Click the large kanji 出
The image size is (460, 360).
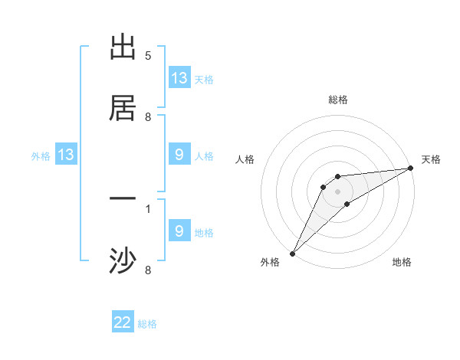123,47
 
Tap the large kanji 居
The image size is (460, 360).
123,108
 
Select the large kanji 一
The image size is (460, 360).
123,199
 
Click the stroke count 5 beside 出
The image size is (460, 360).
148,56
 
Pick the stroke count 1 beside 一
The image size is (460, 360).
148,208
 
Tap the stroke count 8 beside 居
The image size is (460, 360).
148,117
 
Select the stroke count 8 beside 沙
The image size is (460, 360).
148,270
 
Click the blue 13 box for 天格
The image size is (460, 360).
179,78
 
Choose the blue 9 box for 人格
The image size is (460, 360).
179,155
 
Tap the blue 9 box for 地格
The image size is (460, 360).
179,231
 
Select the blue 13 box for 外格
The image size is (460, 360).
66,155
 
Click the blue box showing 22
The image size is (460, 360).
123,322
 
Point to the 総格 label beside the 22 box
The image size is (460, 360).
148,324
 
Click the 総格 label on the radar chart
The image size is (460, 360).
337,100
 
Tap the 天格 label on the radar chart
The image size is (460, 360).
431,159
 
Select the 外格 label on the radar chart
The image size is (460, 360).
270,263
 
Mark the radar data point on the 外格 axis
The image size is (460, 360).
292,253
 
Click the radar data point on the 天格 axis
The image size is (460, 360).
410,168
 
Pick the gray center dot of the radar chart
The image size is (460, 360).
337,191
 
